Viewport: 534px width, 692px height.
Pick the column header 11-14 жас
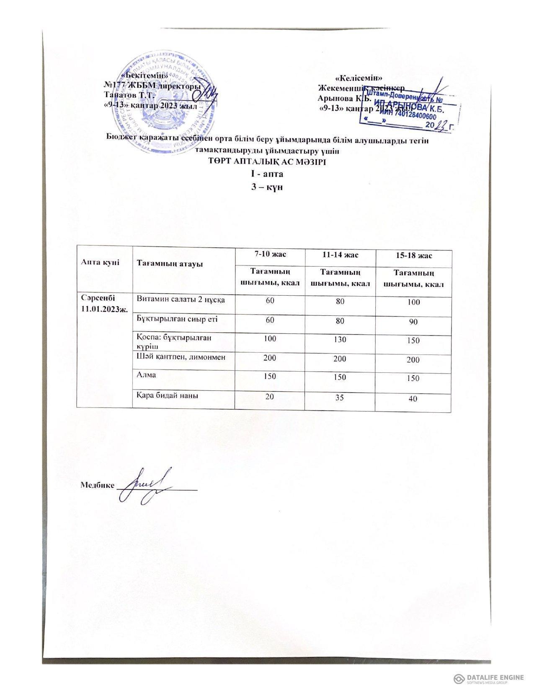tap(340, 254)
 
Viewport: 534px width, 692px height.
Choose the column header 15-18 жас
tap(413, 255)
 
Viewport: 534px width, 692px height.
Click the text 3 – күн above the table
tap(266, 186)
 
